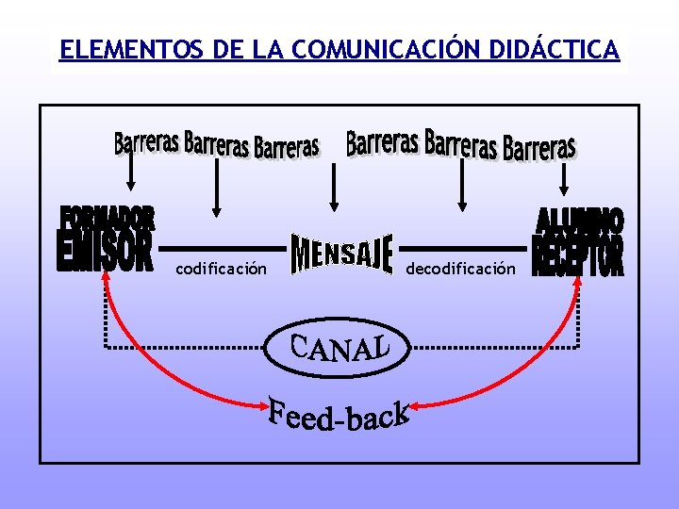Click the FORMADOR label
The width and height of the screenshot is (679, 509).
point(108,219)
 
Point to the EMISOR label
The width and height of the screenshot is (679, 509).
point(105,254)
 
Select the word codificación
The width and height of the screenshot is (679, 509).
point(221,270)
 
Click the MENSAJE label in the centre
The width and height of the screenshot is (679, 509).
point(341,254)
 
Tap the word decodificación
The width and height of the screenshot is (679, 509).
point(461,270)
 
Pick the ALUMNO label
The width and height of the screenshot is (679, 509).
point(580,221)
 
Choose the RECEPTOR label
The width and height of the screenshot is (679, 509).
point(578,255)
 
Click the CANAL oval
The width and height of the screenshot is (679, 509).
point(339,348)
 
